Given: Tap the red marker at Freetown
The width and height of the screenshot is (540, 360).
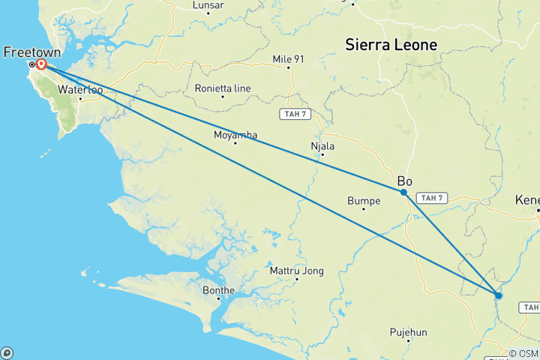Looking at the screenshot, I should pos(41,64).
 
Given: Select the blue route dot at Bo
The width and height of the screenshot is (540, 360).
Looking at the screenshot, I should pos(403,192).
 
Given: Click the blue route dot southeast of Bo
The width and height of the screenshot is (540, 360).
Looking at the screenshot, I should pos(499,295).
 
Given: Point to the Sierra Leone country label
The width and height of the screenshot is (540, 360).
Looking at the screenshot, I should pos(391,45).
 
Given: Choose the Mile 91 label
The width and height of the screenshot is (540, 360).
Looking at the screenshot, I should pos(289,58).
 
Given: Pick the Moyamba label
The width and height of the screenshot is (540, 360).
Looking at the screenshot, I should pos(235,135).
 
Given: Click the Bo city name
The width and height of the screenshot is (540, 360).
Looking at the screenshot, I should pos(405,181).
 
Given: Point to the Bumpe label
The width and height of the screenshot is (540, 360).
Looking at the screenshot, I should pos(363,200).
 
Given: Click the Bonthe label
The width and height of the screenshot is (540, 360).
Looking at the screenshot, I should pos(218,290).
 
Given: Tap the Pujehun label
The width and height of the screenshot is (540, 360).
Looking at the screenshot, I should pos(408,331).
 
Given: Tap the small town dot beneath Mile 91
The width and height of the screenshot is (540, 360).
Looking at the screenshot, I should pos(289,67).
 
